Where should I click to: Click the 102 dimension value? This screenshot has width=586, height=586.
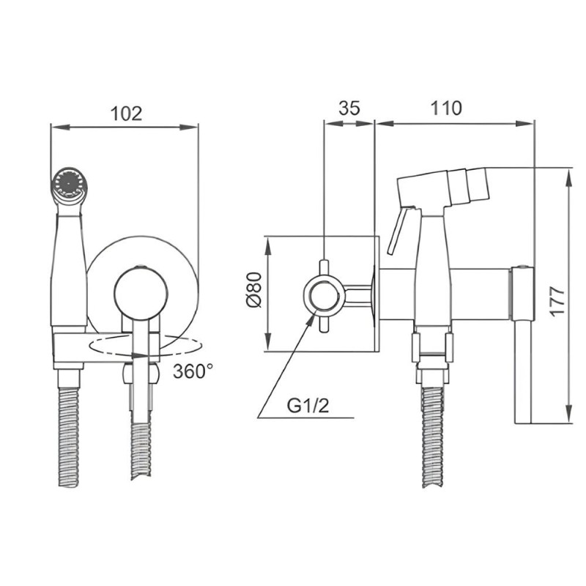127,114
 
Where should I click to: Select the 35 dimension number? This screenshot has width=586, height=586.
349,108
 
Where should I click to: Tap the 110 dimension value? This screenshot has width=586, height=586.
446,108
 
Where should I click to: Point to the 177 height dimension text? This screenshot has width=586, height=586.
557,301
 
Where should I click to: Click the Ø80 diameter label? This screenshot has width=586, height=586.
254,290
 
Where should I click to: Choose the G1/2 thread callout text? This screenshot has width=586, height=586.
308,406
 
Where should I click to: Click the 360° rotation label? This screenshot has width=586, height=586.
193,371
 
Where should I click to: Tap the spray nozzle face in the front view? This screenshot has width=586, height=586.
68,183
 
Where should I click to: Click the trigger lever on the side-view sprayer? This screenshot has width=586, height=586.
399,230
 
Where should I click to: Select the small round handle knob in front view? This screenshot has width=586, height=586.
141,295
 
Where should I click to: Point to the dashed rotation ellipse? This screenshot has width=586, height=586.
145,346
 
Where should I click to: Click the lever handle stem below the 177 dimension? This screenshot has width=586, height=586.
522,372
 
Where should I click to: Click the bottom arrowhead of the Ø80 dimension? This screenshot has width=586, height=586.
268,343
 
